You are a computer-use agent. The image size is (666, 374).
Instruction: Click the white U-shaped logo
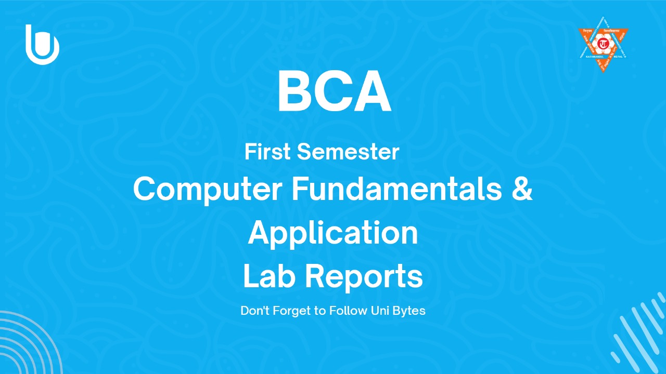(x=42, y=45)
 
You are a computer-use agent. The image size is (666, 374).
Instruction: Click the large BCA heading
(x=334, y=92)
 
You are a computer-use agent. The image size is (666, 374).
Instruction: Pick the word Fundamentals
(x=390, y=189)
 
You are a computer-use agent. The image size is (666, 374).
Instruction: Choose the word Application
(x=333, y=233)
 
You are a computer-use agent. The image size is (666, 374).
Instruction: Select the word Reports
(x=363, y=277)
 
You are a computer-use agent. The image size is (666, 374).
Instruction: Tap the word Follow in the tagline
(x=340, y=311)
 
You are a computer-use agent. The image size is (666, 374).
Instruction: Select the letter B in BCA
(x=295, y=92)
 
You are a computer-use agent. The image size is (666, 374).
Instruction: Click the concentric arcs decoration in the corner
(x=26, y=345)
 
